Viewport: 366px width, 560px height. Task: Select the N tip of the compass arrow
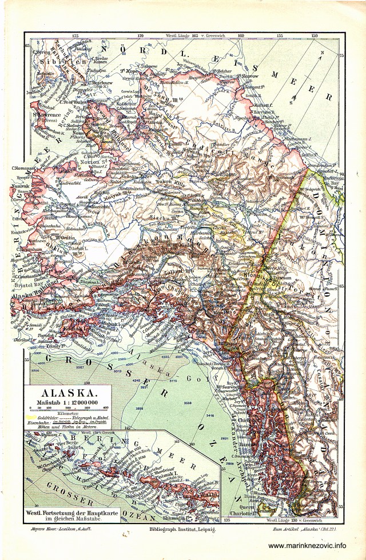click(322, 53)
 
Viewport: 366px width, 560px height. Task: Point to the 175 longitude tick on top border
click(75, 35)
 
